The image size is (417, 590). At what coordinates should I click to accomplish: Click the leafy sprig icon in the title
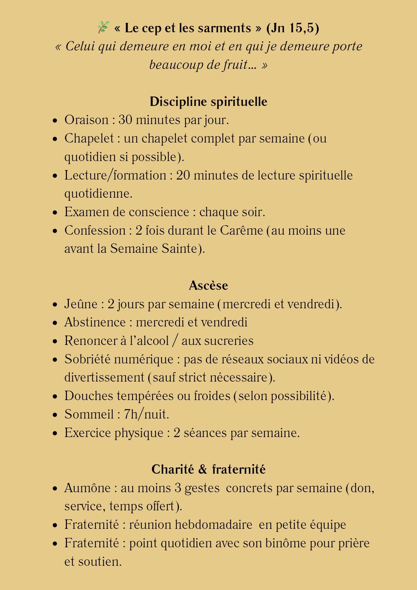(x=103, y=27)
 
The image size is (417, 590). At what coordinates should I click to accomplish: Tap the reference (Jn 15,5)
(x=292, y=28)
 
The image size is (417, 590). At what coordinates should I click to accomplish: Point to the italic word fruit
(x=235, y=64)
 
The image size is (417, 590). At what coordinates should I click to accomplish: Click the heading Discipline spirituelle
(x=208, y=102)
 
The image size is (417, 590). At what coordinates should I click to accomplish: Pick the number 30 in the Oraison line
(x=125, y=120)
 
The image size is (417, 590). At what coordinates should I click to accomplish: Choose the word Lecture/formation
(x=115, y=175)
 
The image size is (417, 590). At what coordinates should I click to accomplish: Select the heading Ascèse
(x=208, y=285)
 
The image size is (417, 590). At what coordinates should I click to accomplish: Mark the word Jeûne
(x=81, y=304)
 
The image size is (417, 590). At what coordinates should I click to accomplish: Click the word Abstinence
(x=95, y=322)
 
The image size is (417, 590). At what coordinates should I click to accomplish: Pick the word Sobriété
(x=87, y=359)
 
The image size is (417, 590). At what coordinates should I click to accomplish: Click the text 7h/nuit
(x=146, y=414)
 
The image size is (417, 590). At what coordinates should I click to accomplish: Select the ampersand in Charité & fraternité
(x=203, y=469)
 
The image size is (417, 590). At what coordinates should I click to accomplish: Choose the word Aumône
(x=87, y=488)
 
